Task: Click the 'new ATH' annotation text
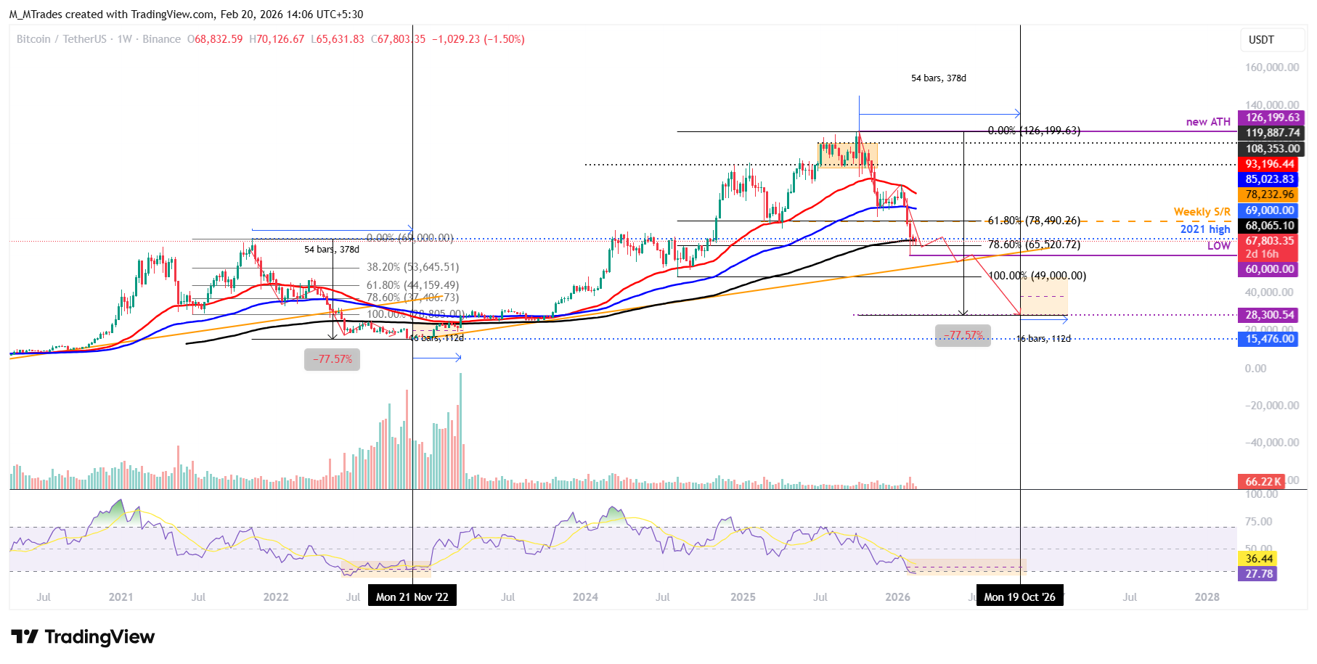[x=1208, y=122]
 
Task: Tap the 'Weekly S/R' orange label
[x=1202, y=212]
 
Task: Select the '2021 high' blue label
[x=1205, y=229]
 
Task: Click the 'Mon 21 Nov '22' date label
[x=412, y=597]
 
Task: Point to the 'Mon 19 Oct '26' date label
[x=1019, y=597]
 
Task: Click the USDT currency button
[x=1261, y=40]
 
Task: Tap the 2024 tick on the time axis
[x=585, y=597]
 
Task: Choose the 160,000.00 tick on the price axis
[x=1272, y=67]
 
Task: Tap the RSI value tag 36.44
[x=1259, y=559]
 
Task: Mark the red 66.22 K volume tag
[x=1263, y=481]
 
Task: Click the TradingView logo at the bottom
[x=83, y=637]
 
